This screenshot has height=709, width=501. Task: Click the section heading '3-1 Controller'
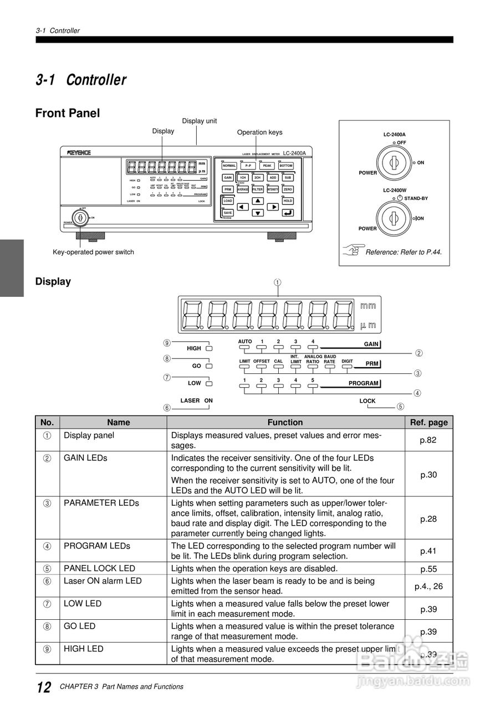81,80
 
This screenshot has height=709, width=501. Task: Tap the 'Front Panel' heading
68,114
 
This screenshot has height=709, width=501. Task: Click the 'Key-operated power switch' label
93,252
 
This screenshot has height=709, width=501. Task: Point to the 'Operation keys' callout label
259,132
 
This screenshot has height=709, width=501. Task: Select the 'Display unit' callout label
200,121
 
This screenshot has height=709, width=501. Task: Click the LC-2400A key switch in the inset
393,162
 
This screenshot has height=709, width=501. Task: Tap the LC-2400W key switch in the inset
393,218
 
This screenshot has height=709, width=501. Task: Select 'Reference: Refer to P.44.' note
403,252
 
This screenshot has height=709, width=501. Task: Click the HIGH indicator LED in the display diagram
208,348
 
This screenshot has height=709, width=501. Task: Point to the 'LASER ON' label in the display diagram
196,400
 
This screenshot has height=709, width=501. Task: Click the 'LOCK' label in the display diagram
367,401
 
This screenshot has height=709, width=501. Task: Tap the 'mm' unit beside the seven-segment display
368,306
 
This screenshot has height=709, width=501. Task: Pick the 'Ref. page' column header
428,422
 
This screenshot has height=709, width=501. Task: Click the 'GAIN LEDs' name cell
85,458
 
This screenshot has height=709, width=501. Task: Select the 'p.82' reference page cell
428,440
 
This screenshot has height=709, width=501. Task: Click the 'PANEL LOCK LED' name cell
99,568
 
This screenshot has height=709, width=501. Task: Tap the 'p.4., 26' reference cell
428,586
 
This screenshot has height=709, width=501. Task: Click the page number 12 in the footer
44,687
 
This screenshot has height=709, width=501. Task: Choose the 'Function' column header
285,422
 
